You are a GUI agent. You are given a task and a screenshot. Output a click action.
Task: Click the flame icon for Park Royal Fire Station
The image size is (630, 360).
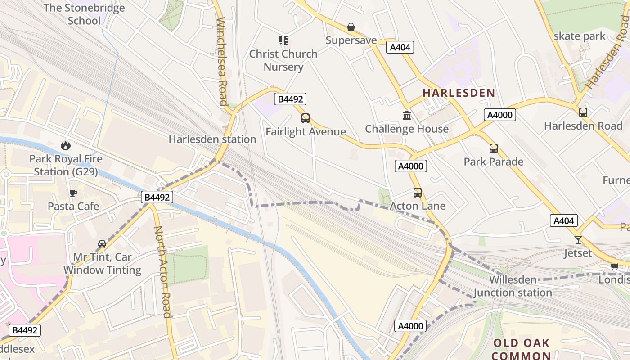click(66, 145)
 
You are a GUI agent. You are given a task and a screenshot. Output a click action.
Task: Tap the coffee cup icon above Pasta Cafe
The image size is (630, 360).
click(73, 193)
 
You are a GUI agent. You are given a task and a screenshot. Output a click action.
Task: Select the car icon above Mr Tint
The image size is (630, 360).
click(102, 244)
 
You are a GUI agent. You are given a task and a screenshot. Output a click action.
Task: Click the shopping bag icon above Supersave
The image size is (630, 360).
click(351, 27)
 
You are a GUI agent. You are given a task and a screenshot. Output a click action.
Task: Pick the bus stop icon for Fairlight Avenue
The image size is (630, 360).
click(306, 118)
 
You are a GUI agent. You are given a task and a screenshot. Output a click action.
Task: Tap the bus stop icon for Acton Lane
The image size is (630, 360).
click(418, 193)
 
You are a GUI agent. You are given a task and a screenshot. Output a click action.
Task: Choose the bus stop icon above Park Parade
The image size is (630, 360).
click(494, 148)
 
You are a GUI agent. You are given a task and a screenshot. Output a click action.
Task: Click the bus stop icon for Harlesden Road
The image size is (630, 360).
click(583, 112)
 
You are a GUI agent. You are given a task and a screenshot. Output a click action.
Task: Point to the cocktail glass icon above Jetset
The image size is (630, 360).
click(578, 240)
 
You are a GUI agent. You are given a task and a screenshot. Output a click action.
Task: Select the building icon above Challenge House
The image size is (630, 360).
click(407, 116)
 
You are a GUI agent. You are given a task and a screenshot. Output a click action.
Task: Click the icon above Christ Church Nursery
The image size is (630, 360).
click(283, 40)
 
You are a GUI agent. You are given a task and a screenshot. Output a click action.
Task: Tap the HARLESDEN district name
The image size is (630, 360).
click(459, 93)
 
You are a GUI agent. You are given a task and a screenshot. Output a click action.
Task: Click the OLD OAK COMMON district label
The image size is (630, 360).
click(522, 349)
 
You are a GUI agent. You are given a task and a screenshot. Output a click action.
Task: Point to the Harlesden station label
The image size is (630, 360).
click(212, 139)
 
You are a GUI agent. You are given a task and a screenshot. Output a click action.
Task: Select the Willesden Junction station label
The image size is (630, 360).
click(513, 286)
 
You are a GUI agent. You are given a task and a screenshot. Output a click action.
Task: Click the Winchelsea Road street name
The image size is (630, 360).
click(222, 61)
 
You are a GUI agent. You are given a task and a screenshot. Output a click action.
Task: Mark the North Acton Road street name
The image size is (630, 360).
click(163, 272)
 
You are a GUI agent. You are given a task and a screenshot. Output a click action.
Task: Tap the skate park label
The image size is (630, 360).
click(580, 36)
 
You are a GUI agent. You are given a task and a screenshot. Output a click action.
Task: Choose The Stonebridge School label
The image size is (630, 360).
click(84, 14)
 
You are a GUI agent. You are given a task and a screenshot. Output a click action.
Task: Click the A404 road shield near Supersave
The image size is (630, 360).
click(400, 47)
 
